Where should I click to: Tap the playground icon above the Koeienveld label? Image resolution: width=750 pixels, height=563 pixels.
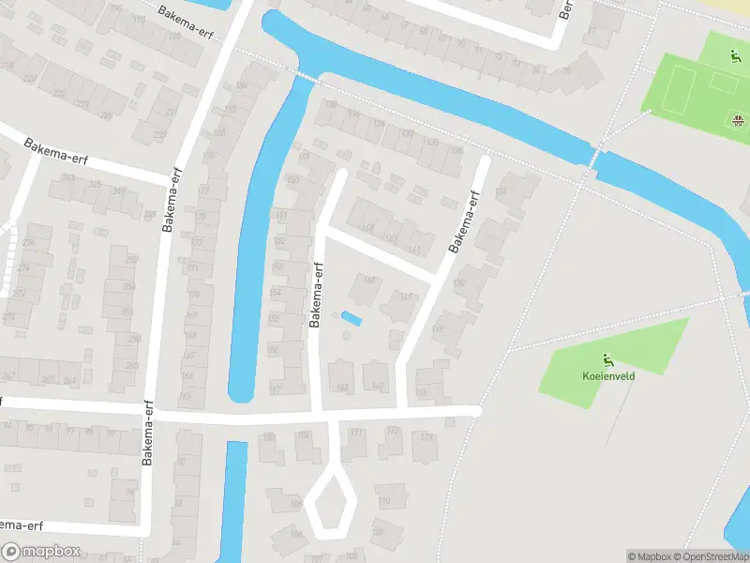point(607,358)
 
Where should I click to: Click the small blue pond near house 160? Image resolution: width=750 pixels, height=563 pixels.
point(352,319)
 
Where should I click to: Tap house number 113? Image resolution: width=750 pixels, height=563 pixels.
point(427,436)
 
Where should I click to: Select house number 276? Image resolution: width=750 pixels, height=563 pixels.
point(27,243)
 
